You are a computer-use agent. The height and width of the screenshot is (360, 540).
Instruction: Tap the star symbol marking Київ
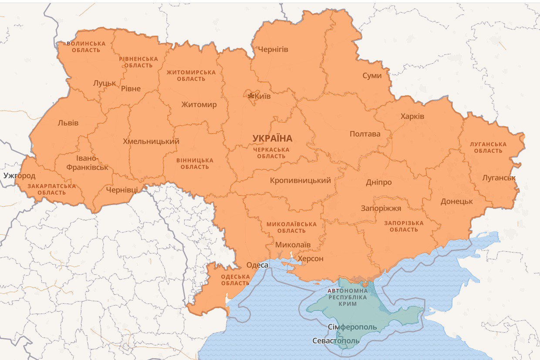tap(251, 96)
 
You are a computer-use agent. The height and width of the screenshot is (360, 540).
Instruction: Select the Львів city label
tap(68, 123)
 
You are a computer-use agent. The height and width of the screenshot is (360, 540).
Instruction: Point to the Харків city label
tap(412, 117)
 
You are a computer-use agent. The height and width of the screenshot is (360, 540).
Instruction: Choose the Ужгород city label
tap(19, 176)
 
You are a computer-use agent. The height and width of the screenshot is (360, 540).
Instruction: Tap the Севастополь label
tap(336, 341)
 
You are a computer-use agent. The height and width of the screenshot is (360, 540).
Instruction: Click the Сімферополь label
tap(352, 327)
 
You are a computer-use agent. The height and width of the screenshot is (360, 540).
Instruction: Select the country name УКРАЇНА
tap(272, 138)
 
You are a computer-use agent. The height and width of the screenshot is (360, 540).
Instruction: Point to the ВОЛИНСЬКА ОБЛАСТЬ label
tap(86, 47)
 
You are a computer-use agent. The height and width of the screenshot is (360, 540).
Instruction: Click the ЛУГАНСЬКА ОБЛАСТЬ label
tap(488, 148)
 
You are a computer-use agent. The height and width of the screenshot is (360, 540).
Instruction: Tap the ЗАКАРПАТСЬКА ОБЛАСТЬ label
tap(51, 189)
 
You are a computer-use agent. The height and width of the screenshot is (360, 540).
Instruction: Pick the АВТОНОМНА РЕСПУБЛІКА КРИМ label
tap(348, 297)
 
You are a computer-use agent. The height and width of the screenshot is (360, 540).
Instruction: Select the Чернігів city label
tap(273, 50)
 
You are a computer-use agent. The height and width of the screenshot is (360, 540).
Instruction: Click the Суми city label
tap(372, 76)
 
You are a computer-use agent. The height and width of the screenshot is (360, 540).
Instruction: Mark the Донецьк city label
tap(456, 202)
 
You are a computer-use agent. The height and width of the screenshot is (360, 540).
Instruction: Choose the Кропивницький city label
tap(300, 180)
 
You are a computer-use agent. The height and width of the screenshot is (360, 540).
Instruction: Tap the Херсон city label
tap(310, 259)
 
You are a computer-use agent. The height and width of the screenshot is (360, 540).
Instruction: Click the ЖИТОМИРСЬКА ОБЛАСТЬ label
tap(191, 75)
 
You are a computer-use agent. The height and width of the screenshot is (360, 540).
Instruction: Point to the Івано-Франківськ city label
tap(87, 162)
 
